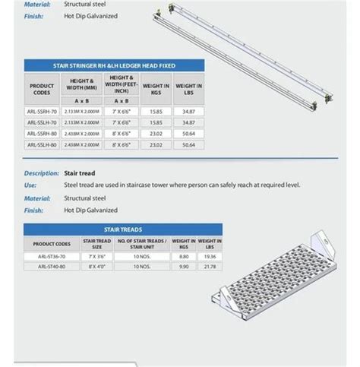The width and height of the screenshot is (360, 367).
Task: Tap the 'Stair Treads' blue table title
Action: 122,228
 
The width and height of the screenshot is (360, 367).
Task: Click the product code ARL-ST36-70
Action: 52,256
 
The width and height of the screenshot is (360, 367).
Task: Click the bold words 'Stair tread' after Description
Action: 79,173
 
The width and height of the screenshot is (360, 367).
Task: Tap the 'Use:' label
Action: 30,185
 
